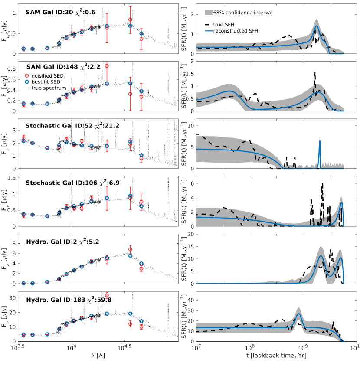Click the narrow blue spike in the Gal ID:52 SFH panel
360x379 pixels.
pos(320,141)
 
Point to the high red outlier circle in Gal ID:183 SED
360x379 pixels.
pos(107,296)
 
